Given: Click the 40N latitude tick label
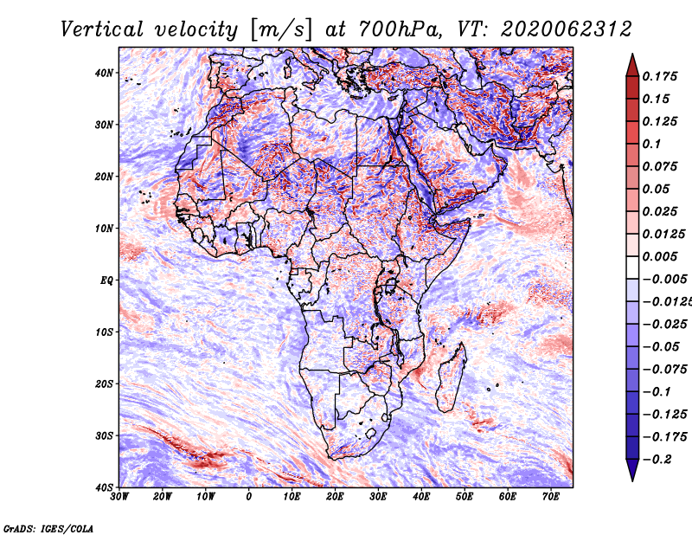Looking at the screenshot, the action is pyautogui.click(x=104, y=73).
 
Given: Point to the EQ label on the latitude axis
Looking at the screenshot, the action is pyautogui.click(x=106, y=280).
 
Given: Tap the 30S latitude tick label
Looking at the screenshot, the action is pyautogui.click(x=104, y=435).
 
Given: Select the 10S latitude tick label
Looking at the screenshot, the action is pyautogui.click(x=104, y=332).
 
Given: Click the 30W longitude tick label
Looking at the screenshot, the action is pyautogui.click(x=119, y=497).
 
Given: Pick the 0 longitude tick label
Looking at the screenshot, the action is pyautogui.click(x=249, y=497).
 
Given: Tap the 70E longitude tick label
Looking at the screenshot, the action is pyautogui.click(x=551, y=497).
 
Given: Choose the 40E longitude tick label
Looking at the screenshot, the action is pyautogui.click(x=421, y=497).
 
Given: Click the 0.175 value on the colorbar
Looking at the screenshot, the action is pyautogui.click(x=660, y=76).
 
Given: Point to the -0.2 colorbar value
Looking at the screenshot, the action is pyautogui.click(x=657, y=460).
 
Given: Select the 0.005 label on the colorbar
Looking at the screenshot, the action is pyautogui.click(x=660, y=256).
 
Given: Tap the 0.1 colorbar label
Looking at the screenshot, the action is pyautogui.click(x=652, y=144).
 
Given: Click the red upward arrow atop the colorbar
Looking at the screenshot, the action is pyautogui.click(x=632, y=66).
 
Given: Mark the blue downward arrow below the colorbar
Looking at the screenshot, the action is pyautogui.click(x=632, y=470).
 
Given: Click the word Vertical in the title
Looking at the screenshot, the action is pyautogui.click(x=102, y=29).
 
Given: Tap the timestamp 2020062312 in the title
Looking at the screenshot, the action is pyautogui.click(x=567, y=29).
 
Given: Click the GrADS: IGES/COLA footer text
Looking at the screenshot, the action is pyautogui.click(x=48, y=528).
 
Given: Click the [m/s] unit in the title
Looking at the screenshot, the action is pyautogui.click(x=281, y=30).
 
